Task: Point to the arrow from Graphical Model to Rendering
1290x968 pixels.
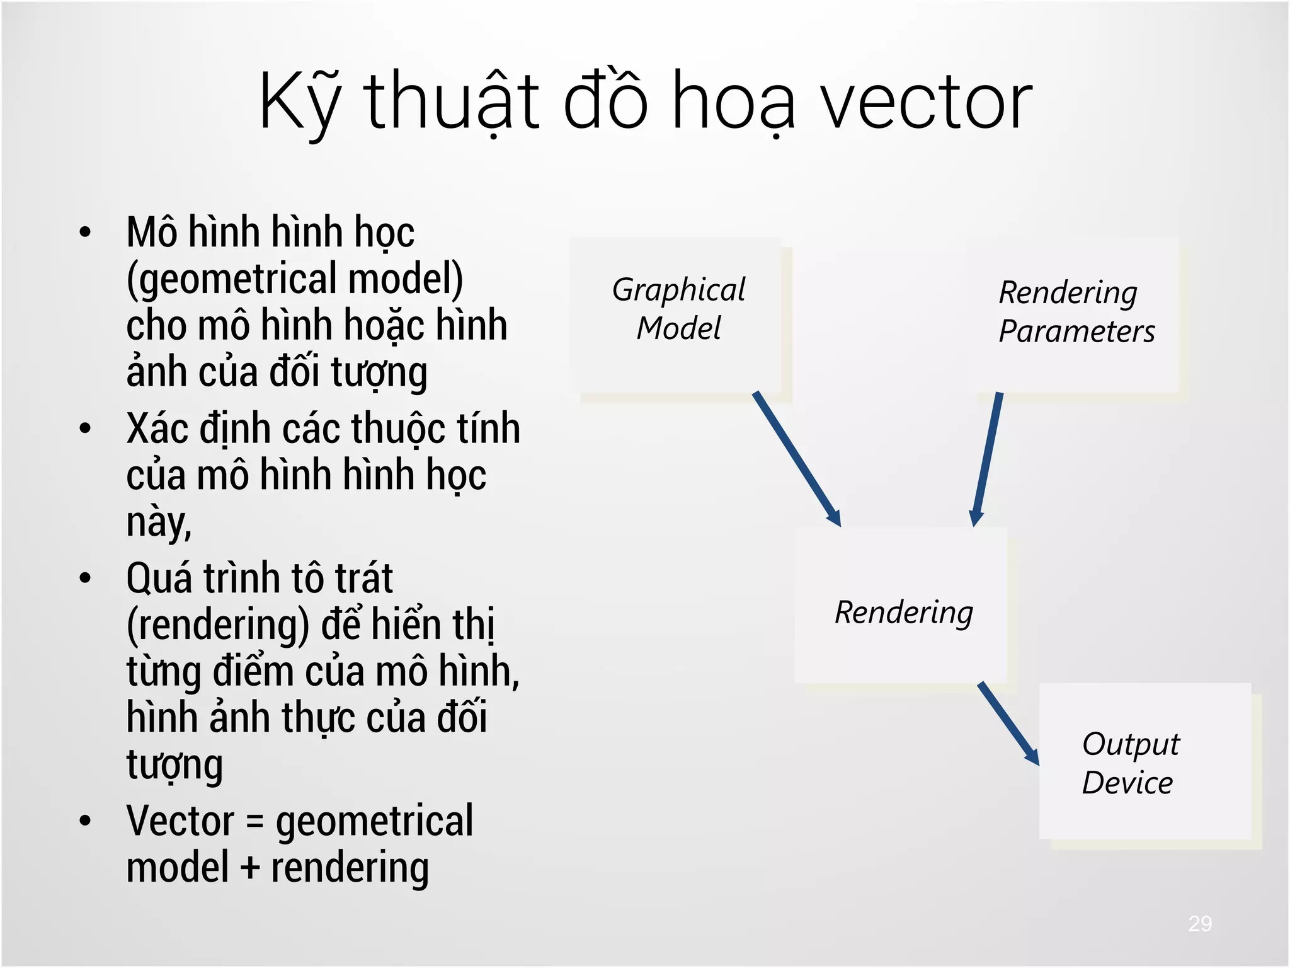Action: click(796, 458)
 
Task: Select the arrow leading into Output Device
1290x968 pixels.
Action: click(1008, 723)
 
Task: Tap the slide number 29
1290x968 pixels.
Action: click(1200, 923)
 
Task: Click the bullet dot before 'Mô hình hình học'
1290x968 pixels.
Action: click(85, 232)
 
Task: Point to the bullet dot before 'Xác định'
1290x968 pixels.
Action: click(85, 429)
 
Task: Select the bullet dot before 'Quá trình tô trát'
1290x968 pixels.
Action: click(85, 578)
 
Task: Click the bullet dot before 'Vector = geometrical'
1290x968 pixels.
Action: click(85, 821)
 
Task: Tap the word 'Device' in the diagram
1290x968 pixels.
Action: click(1127, 783)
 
